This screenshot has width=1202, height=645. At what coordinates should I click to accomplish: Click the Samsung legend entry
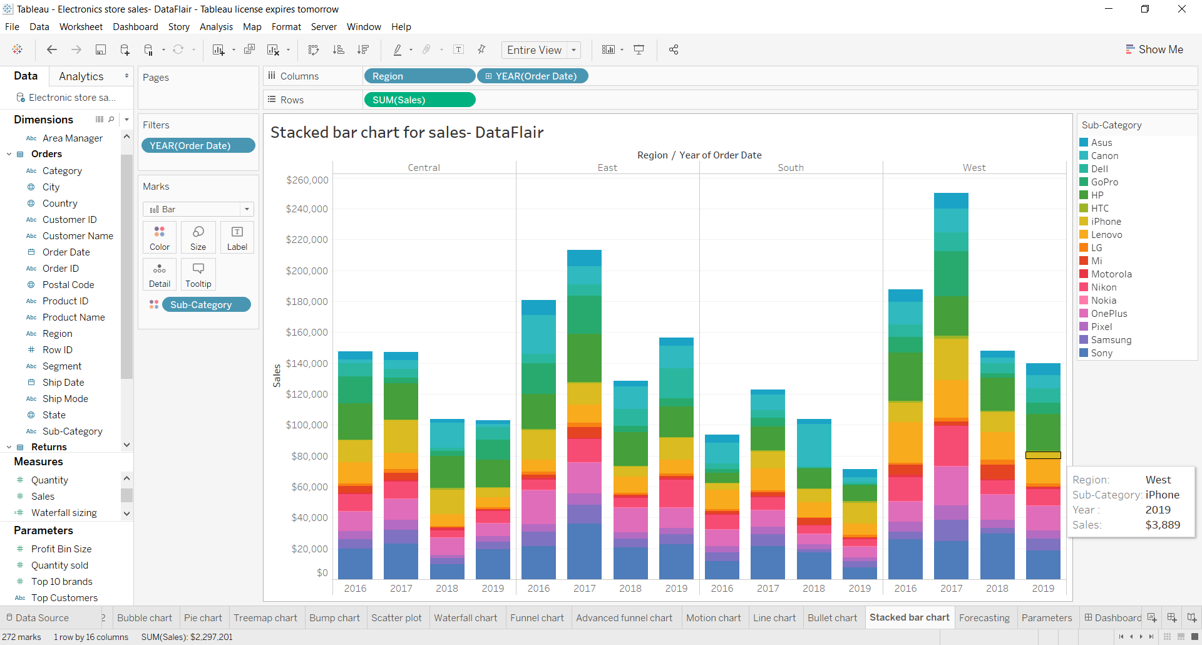[x=1111, y=340]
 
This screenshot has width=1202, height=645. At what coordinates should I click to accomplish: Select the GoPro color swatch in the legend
[x=1084, y=182]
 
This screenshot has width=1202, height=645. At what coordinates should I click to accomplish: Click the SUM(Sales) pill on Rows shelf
[x=419, y=100]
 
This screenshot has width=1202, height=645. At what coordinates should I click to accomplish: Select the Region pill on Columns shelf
[x=418, y=76]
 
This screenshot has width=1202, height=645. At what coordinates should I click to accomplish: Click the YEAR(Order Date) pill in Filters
[x=198, y=146]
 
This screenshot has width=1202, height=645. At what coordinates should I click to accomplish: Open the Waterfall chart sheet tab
[x=465, y=618]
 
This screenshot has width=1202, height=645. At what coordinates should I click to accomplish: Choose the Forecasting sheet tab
[x=984, y=618]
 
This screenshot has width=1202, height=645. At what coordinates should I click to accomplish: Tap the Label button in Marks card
[x=237, y=238]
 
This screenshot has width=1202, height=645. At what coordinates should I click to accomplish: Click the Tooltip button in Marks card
[x=198, y=275]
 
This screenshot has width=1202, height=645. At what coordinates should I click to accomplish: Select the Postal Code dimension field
[x=68, y=285]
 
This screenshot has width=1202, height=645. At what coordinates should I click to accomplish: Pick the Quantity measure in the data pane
[x=49, y=480]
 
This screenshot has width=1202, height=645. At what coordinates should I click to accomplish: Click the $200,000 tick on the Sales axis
[x=307, y=271]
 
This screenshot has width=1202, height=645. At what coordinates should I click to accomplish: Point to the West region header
[x=974, y=168]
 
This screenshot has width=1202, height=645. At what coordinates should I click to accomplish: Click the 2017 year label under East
[x=584, y=589]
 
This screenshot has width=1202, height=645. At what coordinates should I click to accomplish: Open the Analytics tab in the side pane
[x=81, y=76]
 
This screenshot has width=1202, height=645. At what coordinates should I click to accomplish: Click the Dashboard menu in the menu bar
[x=135, y=27]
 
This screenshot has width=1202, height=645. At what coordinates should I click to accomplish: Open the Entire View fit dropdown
[x=541, y=50]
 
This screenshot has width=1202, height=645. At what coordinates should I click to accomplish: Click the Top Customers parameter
[x=64, y=598]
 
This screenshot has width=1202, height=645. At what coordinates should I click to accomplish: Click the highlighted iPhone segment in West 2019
[x=1043, y=455]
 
